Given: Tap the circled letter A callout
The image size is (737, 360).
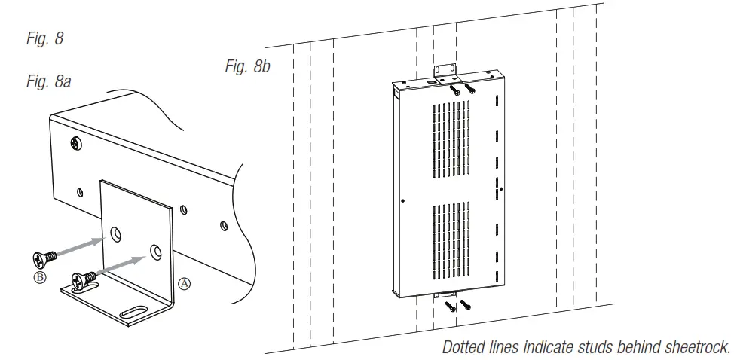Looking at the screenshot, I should click(184, 284).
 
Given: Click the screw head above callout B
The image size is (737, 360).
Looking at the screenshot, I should click(43, 258).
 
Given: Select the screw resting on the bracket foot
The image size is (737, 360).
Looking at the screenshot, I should click(82, 280).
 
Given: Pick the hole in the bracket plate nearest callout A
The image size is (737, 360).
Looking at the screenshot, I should click(155, 251).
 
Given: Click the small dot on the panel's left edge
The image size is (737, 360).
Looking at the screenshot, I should click(405, 201).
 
